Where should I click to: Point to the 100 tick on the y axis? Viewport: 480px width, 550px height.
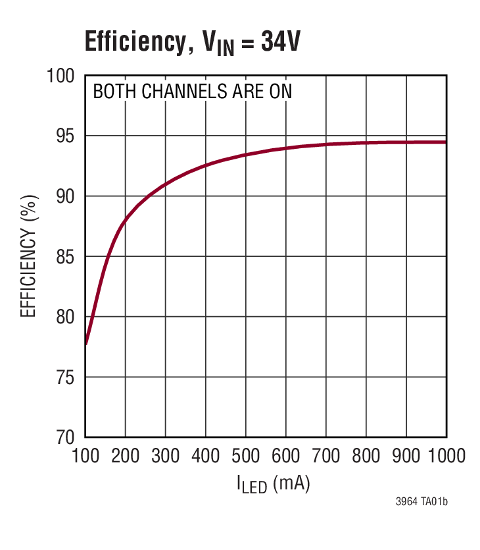tap(60, 76)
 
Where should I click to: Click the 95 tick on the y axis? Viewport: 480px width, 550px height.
tap(65, 136)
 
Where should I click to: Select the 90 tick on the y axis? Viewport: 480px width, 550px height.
tap(65, 196)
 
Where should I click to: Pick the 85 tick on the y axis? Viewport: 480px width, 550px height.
tap(65, 256)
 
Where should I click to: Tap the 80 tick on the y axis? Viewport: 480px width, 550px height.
tap(65, 317)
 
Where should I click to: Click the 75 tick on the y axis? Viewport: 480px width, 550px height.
tap(65, 377)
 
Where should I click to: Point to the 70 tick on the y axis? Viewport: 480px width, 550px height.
tap(65, 437)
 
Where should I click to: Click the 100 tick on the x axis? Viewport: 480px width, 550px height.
tap(85, 456)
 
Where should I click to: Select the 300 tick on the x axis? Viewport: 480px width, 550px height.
tap(165, 456)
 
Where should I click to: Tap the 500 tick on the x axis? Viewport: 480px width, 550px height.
tap(245, 456)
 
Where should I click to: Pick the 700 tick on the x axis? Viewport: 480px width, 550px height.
tap(326, 456)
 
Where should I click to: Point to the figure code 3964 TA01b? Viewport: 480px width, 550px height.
tap(421, 503)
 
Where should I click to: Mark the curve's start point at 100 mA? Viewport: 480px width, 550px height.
tap(86, 344)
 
